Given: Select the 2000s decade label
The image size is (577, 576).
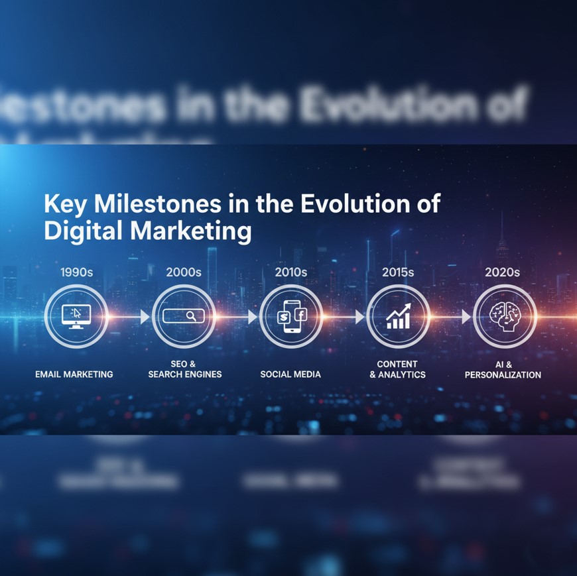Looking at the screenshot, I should (x=183, y=272).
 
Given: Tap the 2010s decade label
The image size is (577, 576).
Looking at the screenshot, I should (x=290, y=272).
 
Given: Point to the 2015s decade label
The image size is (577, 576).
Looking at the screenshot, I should (x=398, y=272).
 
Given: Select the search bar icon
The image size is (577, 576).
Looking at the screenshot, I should (x=183, y=316).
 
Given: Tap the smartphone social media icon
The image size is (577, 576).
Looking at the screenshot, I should (x=291, y=316).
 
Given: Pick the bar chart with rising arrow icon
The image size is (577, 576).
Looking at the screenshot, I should (x=399, y=316).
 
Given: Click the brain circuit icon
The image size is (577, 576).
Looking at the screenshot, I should (x=505, y=316).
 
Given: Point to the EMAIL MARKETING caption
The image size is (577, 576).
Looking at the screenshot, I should (x=74, y=374).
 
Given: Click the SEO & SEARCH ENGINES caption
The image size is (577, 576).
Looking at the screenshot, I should (x=184, y=369).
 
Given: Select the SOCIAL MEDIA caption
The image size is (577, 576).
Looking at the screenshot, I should (x=290, y=374).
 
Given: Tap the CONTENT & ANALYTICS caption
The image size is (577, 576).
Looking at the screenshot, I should (x=397, y=369).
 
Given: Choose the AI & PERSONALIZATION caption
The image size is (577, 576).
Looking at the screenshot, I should (x=503, y=369).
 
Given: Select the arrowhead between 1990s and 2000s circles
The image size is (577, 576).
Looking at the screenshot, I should (x=145, y=317).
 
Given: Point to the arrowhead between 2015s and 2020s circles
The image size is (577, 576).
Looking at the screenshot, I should (x=466, y=317).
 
